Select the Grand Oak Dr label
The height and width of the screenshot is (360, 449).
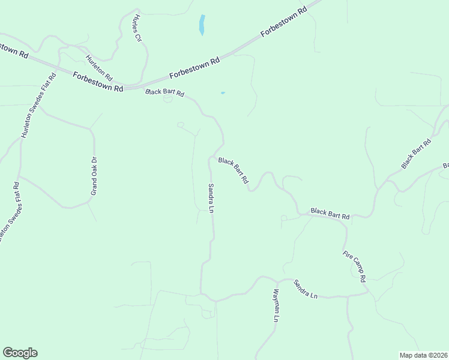coord(94,176)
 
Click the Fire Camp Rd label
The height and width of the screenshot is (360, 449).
coord(354,266)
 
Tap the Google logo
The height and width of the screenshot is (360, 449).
coord(20,353)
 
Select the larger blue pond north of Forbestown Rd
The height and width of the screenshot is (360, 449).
coord(202,25)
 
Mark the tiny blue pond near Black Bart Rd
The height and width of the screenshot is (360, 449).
coord(223,93)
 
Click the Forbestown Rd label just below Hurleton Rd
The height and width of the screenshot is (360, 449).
coord(98,82)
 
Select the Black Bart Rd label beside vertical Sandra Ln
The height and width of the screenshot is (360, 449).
coord(234,170)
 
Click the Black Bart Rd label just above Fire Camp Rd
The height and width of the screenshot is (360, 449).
coord(330,213)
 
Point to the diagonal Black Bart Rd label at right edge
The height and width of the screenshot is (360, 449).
coord(417,154)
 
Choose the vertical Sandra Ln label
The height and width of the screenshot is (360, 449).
coord(211,198)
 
